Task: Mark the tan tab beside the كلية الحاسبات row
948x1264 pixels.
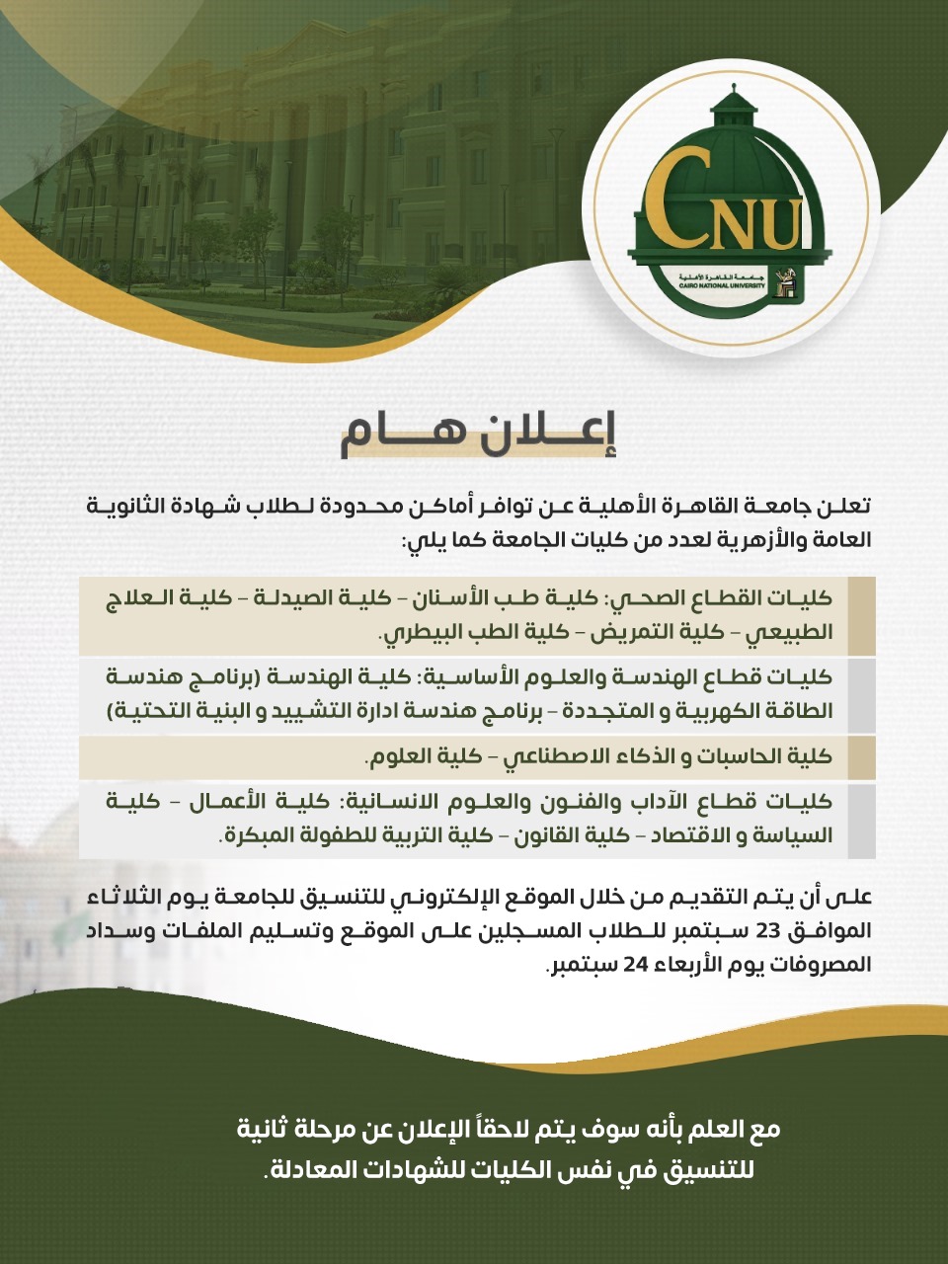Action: tap(861, 757)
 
